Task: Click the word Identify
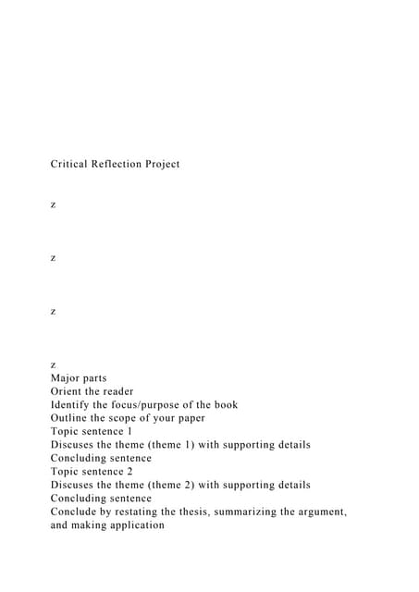coord(70,404)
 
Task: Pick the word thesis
coord(203,512)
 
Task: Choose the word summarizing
coord(264,512)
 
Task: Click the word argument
coord(323,512)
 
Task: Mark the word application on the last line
coord(135,524)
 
